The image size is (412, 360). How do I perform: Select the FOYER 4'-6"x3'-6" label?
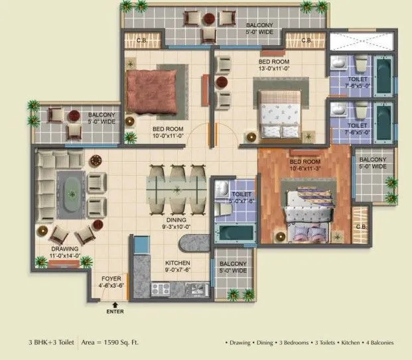pos(111,282)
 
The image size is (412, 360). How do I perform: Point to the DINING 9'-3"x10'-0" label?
pos(176,222)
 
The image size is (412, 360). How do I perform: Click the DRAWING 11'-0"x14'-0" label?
pos(65,251)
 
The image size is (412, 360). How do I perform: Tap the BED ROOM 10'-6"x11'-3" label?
pos(305,164)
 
